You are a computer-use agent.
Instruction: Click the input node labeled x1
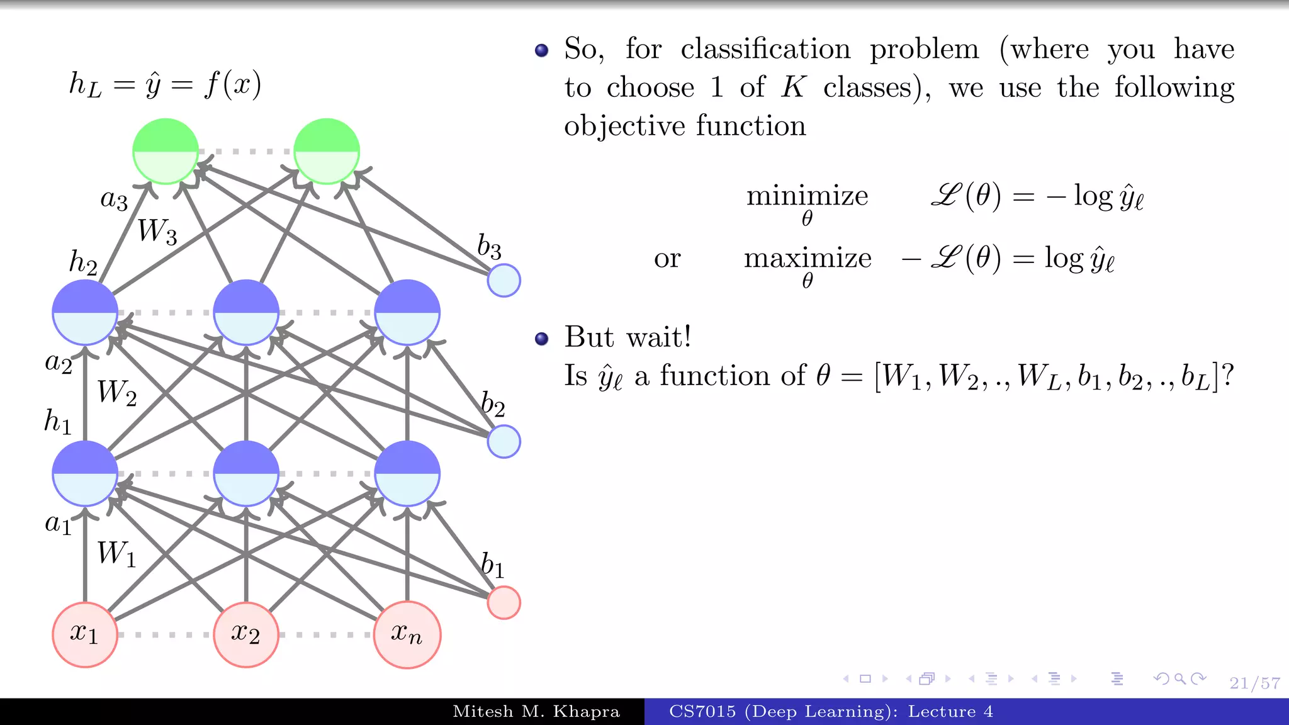click(x=85, y=634)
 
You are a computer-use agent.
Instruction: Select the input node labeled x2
click(x=246, y=634)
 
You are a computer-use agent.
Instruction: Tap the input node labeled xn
click(x=407, y=634)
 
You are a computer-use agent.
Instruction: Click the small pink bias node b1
click(x=504, y=602)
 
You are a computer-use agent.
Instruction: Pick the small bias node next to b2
click(x=504, y=441)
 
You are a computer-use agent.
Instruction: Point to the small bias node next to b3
click(x=504, y=280)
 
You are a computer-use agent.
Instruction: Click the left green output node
click(x=166, y=151)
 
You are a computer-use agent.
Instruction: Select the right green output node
click(x=327, y=151)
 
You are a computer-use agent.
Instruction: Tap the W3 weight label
click(x=157, y=231)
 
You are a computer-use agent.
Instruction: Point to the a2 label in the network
click(x=59, y=362)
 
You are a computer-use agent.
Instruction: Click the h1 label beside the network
click(x=57, y=420)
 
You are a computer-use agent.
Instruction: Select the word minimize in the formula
click(x=807, y=196)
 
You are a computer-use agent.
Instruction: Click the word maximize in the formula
click(x=808, y=258)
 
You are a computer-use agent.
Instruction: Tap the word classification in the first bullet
click(x=765, y=49)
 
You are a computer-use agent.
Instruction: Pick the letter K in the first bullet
click(x=793, y=87)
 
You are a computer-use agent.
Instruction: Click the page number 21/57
click(x=1254, y=683)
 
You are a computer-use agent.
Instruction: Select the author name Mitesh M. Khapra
click(x=536, y=712)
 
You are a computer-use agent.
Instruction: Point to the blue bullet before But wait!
click(x=541, y=339)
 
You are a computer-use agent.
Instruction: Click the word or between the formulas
click(x=667, y=258)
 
